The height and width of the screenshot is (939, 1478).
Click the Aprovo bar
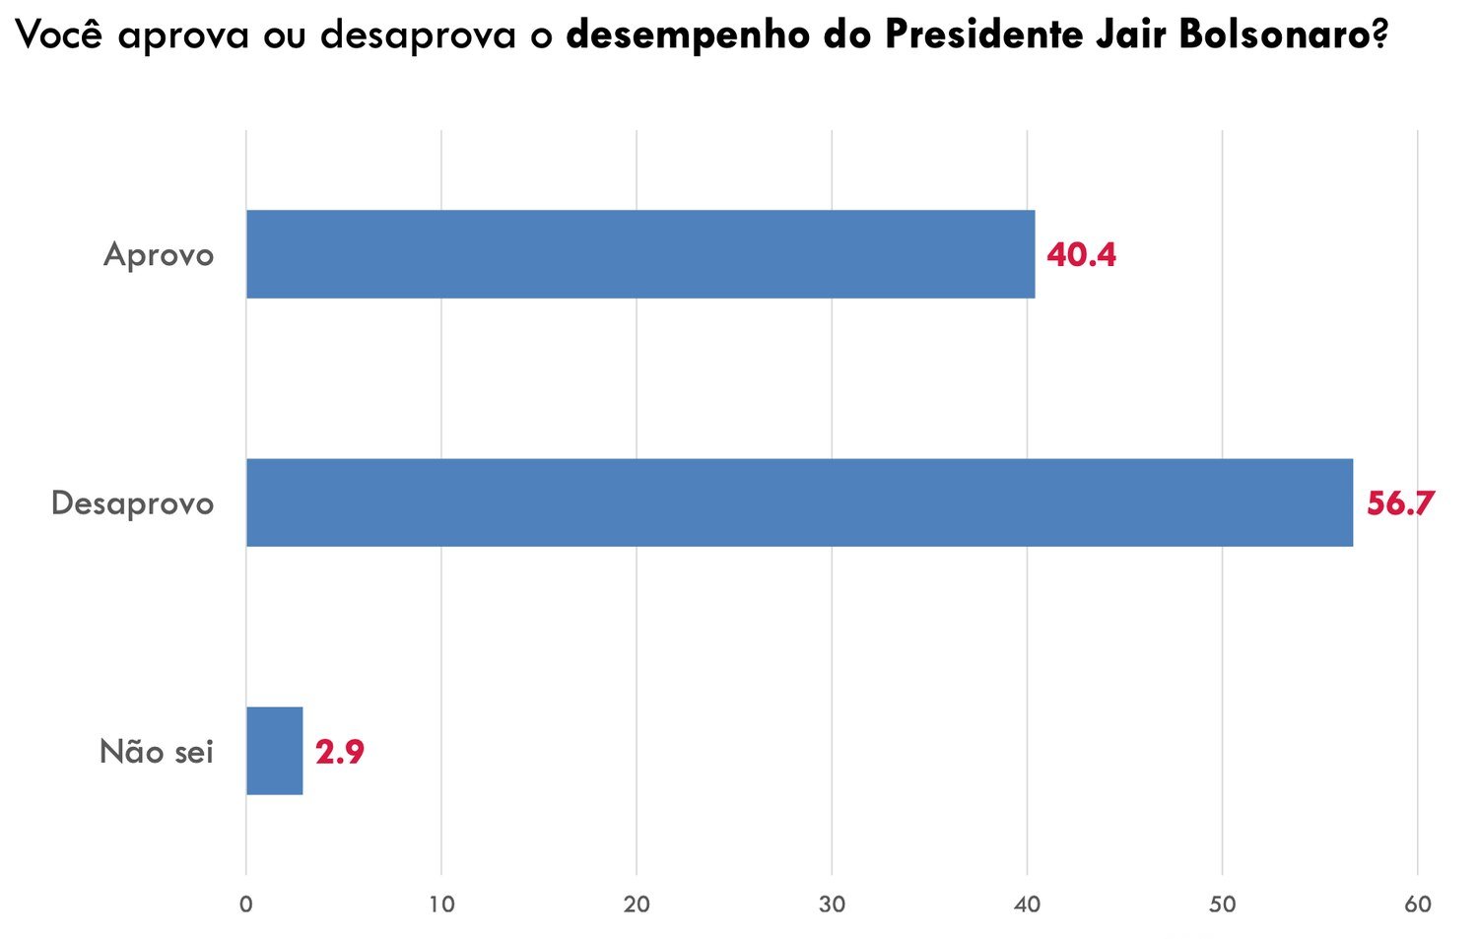click(x=640, y=254)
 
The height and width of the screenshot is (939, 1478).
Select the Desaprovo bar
click(x=799, y=503)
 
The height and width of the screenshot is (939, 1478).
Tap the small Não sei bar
click(x=274, y=751)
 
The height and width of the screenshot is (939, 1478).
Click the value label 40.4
click(x=1081, y=255)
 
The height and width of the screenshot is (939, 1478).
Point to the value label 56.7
click(x=1400, y=503)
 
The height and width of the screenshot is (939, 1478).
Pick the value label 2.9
click(x=340, y=753)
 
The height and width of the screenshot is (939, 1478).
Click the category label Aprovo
click(x=159, y=255)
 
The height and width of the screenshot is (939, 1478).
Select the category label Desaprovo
click(x=132, y=503)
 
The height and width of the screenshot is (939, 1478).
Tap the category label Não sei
click(x=157, y=753)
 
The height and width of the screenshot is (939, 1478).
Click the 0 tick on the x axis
click(x=246, y=905)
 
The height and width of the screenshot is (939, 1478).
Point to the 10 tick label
click(x=441, y=905)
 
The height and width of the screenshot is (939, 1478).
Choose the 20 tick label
click(x=637, y=905)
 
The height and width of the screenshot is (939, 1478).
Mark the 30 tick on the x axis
click(x=832, y=905)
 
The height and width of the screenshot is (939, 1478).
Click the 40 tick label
click(x=1027, y=905)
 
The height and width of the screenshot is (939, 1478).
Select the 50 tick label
click(x=1222, y=905)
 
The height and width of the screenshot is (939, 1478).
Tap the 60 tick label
click(x=1417, y=905)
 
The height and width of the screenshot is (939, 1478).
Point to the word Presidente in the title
click(x=979, y=35)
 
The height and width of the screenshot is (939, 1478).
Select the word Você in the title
click(x=60, y=35)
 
